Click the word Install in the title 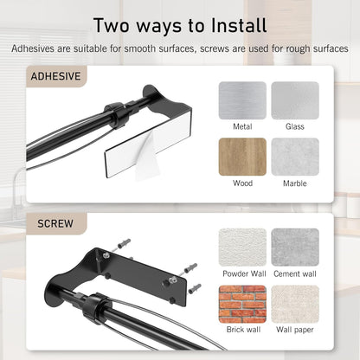(239, 25)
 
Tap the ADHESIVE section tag (56, 76)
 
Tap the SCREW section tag (56, 224)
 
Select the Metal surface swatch (242, 100)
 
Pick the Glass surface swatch (295, 100)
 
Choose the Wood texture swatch (242, 157)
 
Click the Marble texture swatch (295, 157)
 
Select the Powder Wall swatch (242, 247)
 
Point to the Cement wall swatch (295, 247)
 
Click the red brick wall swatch (242, 304)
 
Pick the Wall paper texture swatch (295, 304)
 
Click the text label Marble (295, 183)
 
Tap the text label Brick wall (243, 330)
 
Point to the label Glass (295, 126)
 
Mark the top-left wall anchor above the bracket (124, 244)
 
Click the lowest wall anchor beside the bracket (195, 289)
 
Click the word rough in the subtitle (299, 49)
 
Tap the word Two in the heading (112, 25)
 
